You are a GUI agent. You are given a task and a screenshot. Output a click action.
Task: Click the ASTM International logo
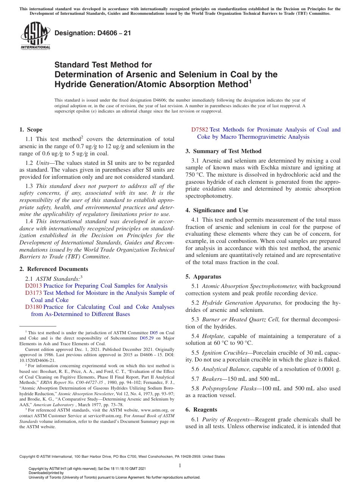[x=35, y=36]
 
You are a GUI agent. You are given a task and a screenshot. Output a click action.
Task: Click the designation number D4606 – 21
[x=93, y=33]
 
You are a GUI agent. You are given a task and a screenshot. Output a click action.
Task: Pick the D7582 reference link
[x=200, y=130]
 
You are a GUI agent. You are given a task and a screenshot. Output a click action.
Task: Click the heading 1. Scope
[x=31, y=130]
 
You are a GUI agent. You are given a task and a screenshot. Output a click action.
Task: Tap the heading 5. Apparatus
[x=203, y=277]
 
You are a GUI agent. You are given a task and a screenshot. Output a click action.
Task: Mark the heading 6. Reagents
[x=201, y=410]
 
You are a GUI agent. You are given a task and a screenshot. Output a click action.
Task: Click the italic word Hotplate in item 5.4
[x=213, y=336]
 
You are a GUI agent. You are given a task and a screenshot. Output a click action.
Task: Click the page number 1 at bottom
[x=180, y=466]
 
